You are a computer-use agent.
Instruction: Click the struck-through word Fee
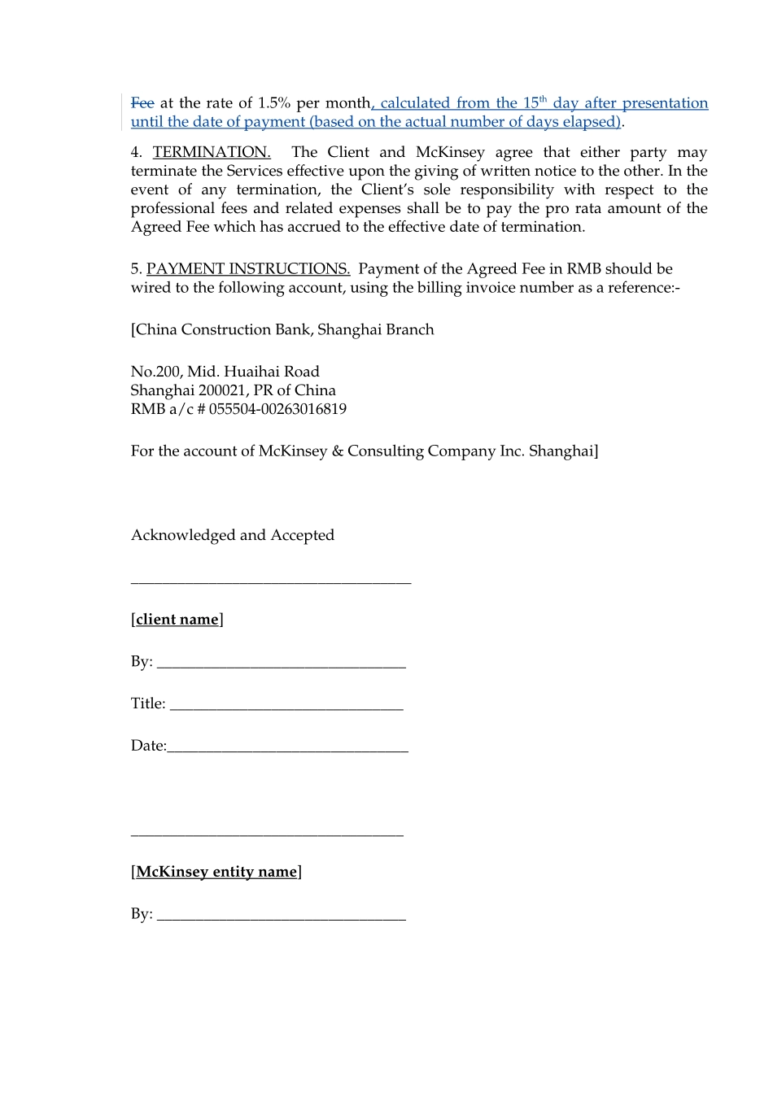(142, 103)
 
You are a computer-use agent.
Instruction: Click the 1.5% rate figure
(273, 103)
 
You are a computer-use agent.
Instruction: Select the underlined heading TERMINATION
(212, 152)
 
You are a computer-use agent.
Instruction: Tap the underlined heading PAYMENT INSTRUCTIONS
(248, 269)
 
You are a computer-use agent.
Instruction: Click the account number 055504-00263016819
(277, 409)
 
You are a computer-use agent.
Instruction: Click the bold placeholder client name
(177, 620)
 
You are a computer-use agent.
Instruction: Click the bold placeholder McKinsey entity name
(216, 872)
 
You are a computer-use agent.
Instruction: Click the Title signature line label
(147, 703)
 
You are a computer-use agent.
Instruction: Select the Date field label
(148, 746)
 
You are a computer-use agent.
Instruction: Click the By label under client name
(141, 662)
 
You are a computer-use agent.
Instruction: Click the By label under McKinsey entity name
(141, 914)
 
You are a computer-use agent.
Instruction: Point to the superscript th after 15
(544, 99)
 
